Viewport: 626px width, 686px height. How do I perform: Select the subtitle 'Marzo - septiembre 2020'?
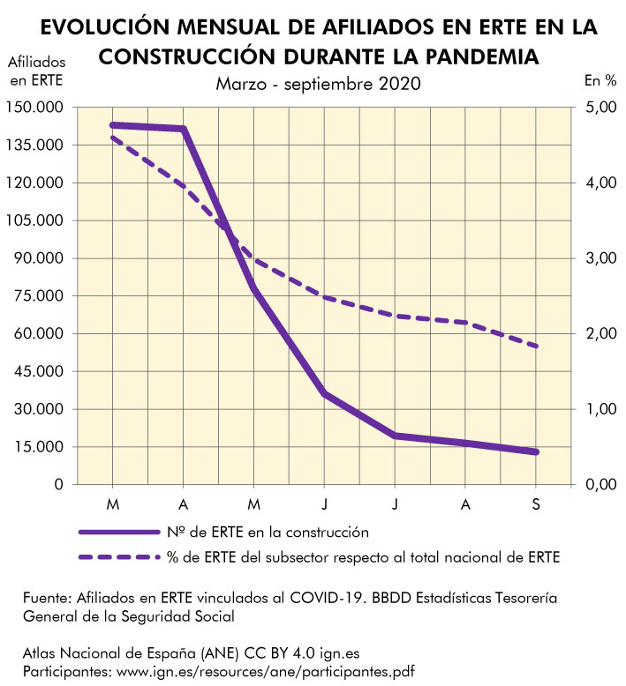pos(318,84)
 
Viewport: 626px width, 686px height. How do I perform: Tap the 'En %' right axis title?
pos(600,80)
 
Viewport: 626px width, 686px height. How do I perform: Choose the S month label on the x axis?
pos(536,503)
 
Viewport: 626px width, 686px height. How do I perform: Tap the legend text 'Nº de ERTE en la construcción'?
pos(268,533)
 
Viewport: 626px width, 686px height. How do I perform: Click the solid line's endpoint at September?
pos(536,452)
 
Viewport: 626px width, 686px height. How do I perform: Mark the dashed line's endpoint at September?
pos(536,347)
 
